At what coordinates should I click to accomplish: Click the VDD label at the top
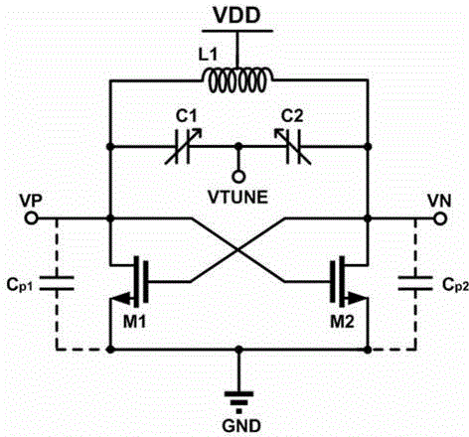[236, 15]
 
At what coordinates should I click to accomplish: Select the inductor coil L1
[237, 80]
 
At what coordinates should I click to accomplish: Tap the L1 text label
[208, 55]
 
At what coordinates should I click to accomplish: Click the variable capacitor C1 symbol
[183, 146]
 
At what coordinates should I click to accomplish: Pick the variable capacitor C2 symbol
[293, 146]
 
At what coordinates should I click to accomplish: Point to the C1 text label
[186, 116]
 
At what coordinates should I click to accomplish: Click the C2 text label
[292, 116]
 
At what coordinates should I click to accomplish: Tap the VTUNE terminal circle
[238, 177]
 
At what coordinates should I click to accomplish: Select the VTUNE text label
[237, 198]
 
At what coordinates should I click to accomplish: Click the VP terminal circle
[31, 218]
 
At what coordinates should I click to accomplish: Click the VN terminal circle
[440, 218]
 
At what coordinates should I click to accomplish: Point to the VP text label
[31, 201]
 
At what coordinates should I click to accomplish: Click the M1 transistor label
[134, 321]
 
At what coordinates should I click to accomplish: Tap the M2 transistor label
[343, 321]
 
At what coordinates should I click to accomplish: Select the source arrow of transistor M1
[123, 299]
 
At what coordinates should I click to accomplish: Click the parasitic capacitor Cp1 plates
[57, 283]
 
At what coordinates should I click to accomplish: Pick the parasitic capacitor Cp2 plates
[415, 283]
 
